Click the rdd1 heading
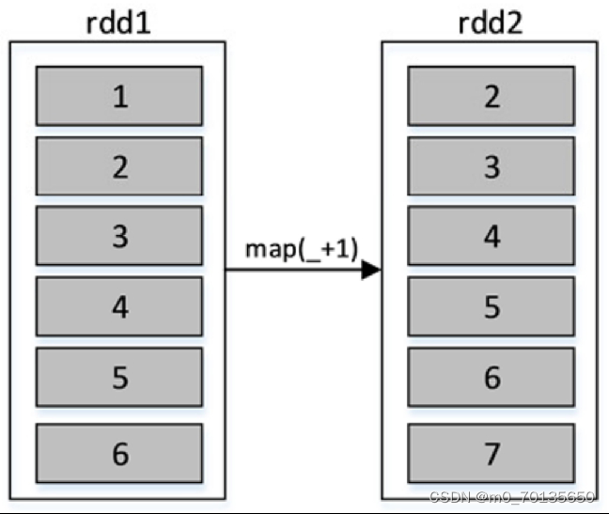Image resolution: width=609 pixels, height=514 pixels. (119, 23)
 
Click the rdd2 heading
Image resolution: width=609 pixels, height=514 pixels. (491, 23)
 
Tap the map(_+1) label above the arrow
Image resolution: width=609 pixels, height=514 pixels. (302, 249)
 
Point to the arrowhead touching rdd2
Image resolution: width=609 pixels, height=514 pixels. (370, 271)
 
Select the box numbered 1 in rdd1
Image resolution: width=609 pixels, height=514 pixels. (119, 96)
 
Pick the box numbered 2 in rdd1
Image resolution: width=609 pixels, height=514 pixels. (119, 166)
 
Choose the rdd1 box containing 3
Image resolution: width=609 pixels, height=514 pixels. (119, 236)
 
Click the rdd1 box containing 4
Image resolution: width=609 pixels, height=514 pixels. (119, 307)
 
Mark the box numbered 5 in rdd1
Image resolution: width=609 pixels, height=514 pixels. (119, 378)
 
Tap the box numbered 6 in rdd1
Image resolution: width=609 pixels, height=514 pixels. (119, 453)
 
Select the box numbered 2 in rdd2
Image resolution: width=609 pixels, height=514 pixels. (492, 96)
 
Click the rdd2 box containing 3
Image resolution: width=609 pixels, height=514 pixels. (492, 166)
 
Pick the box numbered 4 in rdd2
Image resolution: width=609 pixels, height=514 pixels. (492, 236)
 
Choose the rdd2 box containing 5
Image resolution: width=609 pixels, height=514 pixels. (492, 307)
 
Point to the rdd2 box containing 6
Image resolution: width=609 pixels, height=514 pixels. (492, 378)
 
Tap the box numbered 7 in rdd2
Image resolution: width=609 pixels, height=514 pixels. (492, 453)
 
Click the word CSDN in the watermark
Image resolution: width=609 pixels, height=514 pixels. (448, 497)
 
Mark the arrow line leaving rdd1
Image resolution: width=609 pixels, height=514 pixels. (291, 271)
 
